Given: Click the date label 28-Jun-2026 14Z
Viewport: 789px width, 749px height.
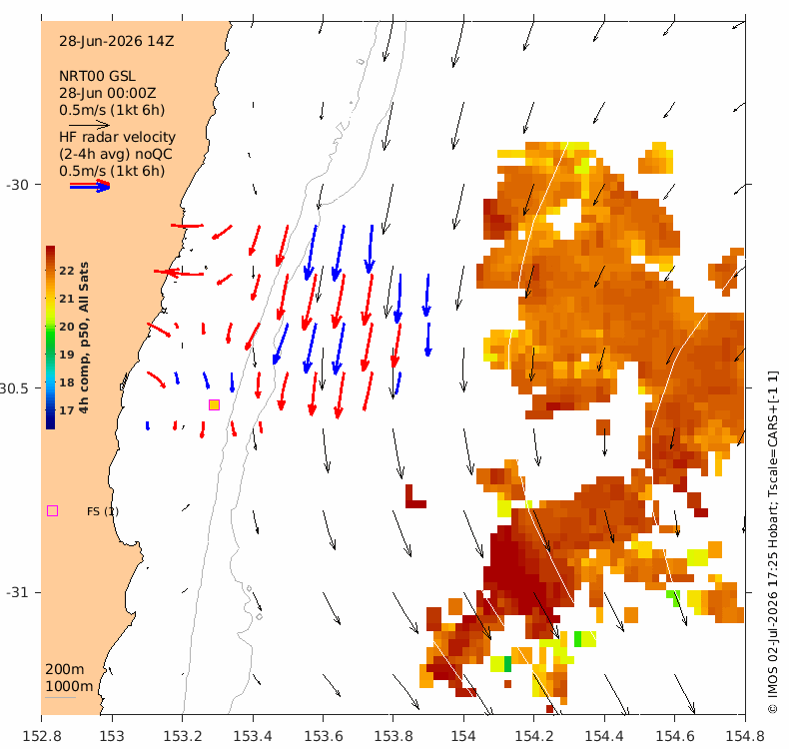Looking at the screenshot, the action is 116,41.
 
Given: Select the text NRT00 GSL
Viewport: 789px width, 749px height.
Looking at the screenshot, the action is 97,76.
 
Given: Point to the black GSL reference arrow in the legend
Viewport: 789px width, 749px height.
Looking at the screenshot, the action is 89,124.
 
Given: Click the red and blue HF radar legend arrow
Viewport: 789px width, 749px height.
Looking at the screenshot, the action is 90,186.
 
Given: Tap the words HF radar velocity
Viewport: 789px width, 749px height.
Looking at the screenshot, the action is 117,137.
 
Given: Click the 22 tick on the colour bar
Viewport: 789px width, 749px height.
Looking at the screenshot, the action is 67,270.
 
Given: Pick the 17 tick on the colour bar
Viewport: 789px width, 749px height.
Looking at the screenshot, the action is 67,410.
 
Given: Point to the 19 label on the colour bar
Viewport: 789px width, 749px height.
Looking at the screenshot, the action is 67,355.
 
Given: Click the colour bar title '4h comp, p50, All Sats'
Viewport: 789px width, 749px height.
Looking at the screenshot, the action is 84,338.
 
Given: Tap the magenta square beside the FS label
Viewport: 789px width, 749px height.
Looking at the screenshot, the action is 52,511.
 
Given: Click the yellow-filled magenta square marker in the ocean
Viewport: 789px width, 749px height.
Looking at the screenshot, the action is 214,404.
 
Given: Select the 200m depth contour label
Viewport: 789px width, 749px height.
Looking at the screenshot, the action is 65,669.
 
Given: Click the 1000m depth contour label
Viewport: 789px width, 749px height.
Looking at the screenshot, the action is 69,686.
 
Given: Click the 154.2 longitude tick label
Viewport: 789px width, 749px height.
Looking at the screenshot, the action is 534,736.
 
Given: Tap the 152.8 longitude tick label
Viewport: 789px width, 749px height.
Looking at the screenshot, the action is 42,736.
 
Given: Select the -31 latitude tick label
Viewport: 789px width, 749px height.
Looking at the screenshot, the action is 18,592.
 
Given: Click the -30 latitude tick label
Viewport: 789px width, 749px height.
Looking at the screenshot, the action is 18,185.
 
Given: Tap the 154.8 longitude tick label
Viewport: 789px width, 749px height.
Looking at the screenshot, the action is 745,736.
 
